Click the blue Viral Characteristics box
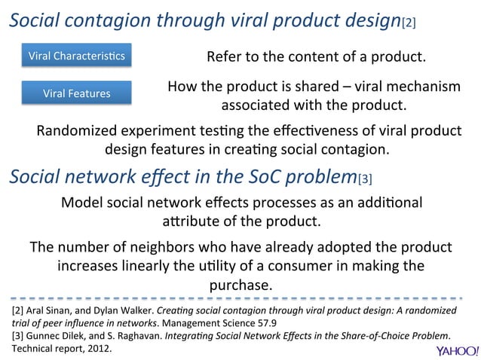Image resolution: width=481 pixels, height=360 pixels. click(x=77, y=56)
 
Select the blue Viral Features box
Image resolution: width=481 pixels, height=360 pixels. click(x=77, y=93)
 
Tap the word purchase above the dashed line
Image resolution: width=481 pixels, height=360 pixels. click(x=240, y=285)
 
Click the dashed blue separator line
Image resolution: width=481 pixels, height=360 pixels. click(x=240, y=297)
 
